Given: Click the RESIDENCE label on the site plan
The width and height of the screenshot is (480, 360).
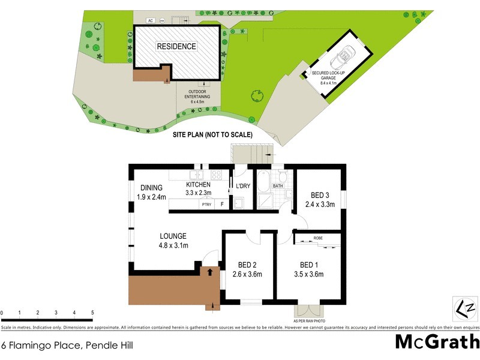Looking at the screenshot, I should (x=176, y=46).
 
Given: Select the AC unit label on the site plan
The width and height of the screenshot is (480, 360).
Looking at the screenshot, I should (x=151, y=21).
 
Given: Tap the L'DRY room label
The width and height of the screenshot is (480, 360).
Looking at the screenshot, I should (x=243, y=187).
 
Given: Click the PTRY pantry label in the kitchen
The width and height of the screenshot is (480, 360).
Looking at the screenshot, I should (x=206, y=205).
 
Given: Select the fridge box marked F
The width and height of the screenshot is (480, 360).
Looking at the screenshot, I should (x=223, y=205).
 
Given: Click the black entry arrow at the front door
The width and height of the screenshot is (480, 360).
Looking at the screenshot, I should (x=209, y=272).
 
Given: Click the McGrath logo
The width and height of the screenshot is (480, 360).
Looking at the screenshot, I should (x=437, y=341).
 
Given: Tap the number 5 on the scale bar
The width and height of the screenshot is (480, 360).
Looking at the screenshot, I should (x=92, y=313).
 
